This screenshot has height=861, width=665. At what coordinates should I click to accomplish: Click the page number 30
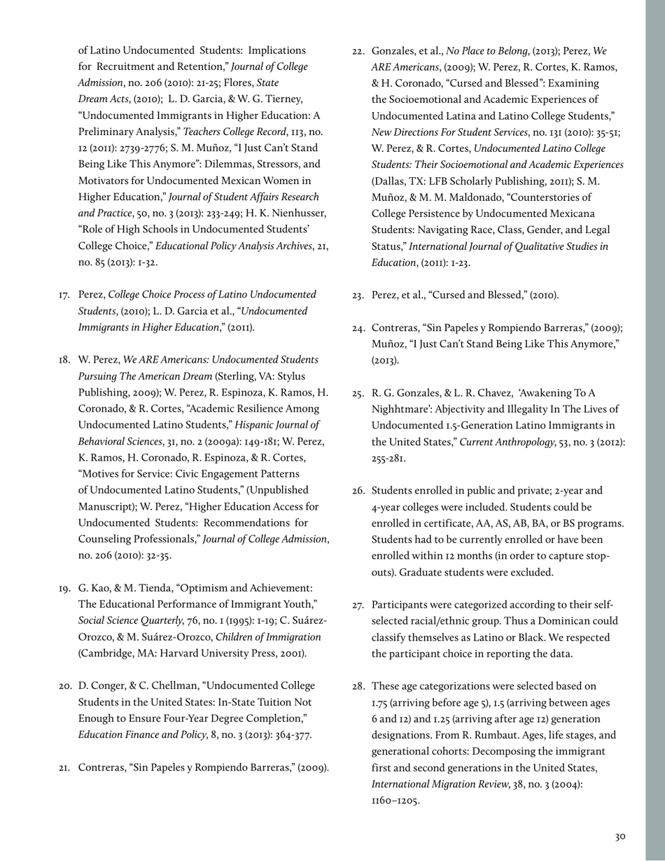[620, 836]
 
